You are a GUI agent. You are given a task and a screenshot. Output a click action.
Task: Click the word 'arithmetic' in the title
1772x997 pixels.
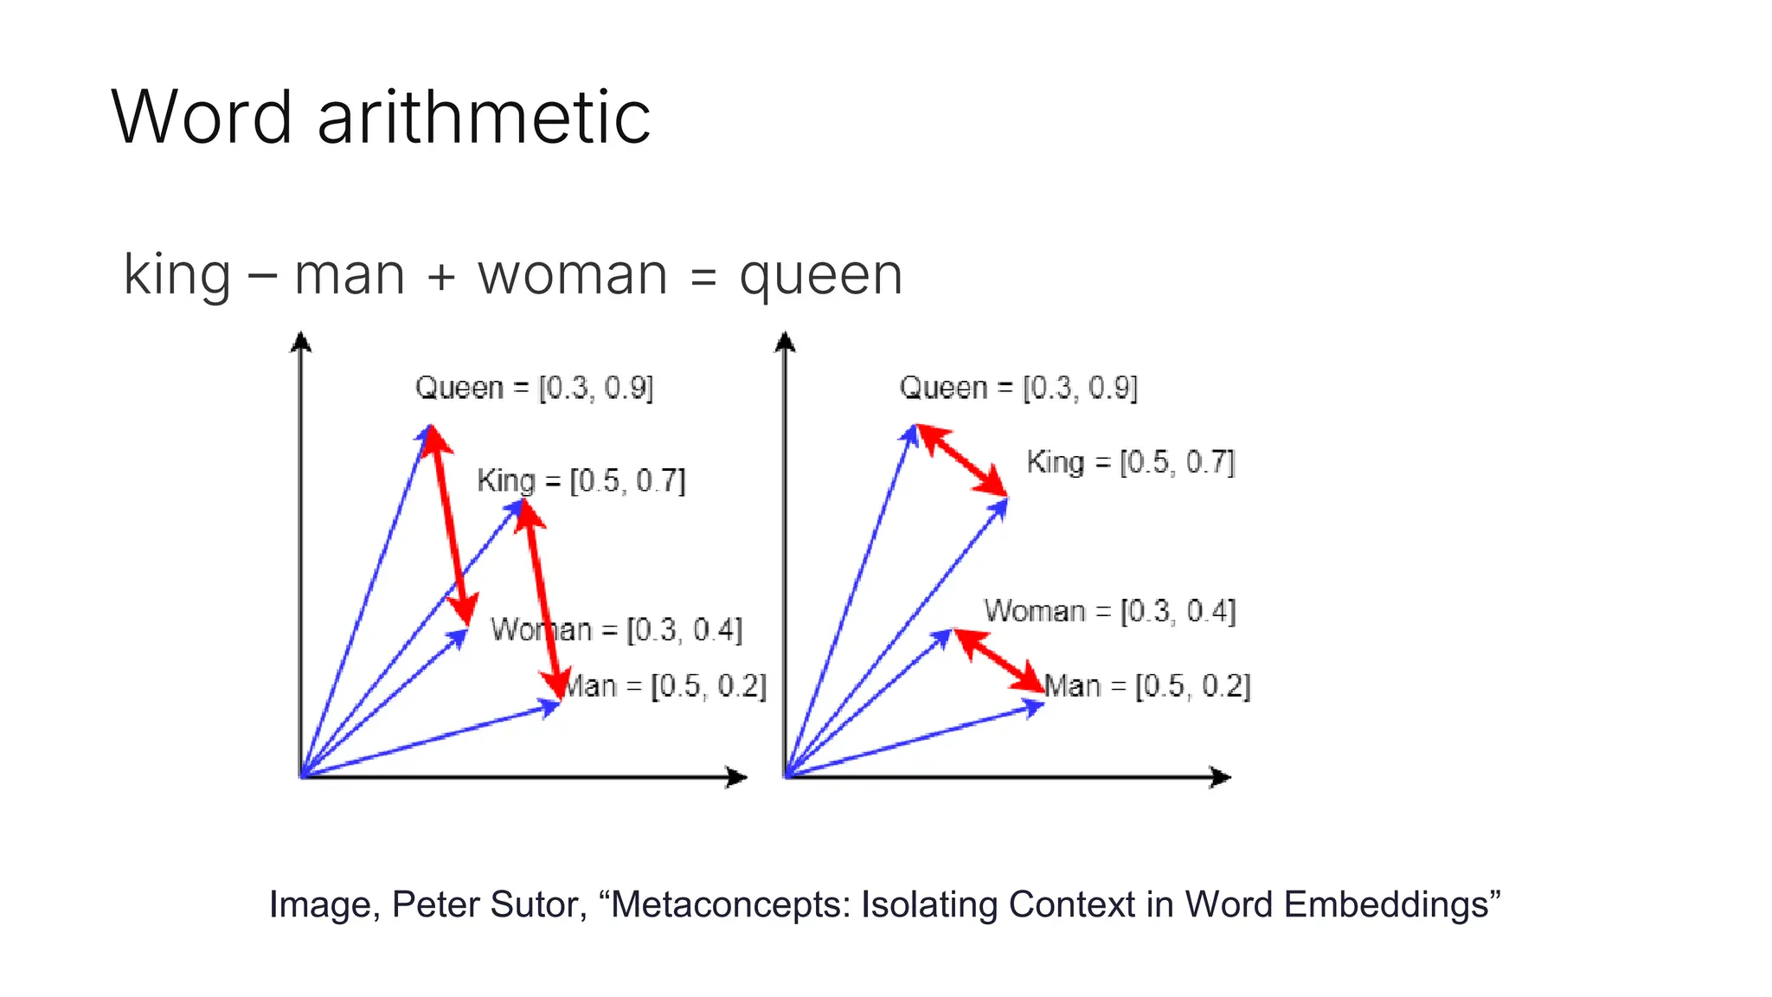[484, 118]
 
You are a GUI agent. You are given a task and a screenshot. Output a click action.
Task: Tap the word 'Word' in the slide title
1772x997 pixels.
[202, 118]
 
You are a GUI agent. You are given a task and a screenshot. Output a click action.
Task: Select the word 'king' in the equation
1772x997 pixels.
[177, 275]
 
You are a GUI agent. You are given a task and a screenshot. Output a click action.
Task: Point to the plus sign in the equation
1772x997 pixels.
[441, 278]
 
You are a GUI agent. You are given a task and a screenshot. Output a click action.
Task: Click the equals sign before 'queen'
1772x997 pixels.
[704, 278]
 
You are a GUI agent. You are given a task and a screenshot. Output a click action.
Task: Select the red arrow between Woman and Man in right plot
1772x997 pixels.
[998, 660]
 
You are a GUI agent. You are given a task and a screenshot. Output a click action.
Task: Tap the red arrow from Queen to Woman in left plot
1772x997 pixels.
[450, 524]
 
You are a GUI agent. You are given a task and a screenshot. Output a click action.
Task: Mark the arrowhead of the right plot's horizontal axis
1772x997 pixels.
[1221, 777]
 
